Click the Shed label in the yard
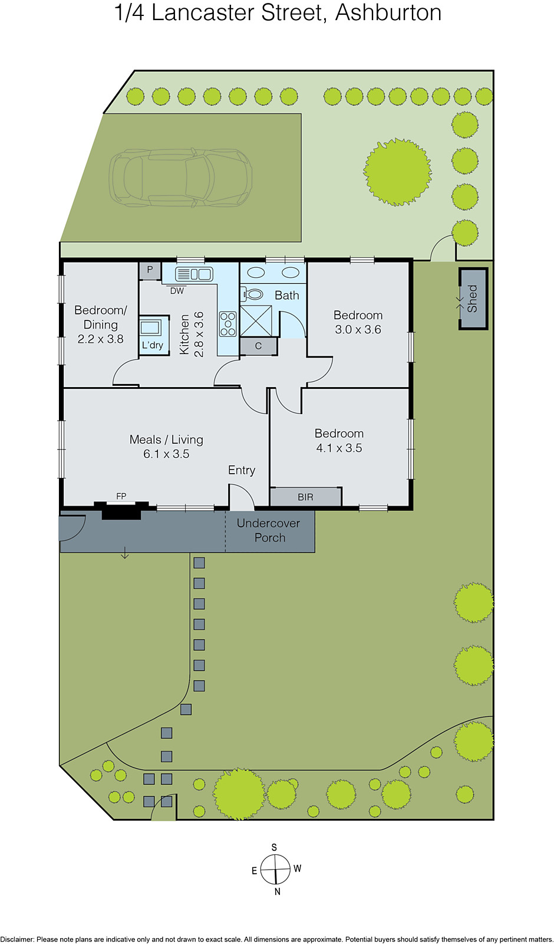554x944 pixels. (x=472, y=299)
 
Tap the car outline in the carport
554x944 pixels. (x=180, y=178)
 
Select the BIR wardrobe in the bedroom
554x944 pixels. (x=305, y=497)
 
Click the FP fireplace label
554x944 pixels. (x=121, y=496)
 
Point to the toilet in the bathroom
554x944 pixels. (x=253, y=294)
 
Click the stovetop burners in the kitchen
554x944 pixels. (x=227, y=324)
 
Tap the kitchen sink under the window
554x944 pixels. (x=194, y=274)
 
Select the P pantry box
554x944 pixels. (x=150, y=270)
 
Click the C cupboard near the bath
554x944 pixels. (x=258, y=346)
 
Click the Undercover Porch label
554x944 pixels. (x=269, y=530)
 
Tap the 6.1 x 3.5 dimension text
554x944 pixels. (x=166, y=454)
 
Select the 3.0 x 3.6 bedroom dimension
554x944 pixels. (x=358, y=329)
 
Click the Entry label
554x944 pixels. (x=242, y=470)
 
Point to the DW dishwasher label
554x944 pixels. (x=177, y=291)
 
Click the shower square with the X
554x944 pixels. (x=256, y=320)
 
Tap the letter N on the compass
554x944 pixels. (x=278, y=891)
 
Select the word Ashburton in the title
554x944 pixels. (x=388, y=13)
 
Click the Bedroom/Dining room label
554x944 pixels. (x=100, y=317)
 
